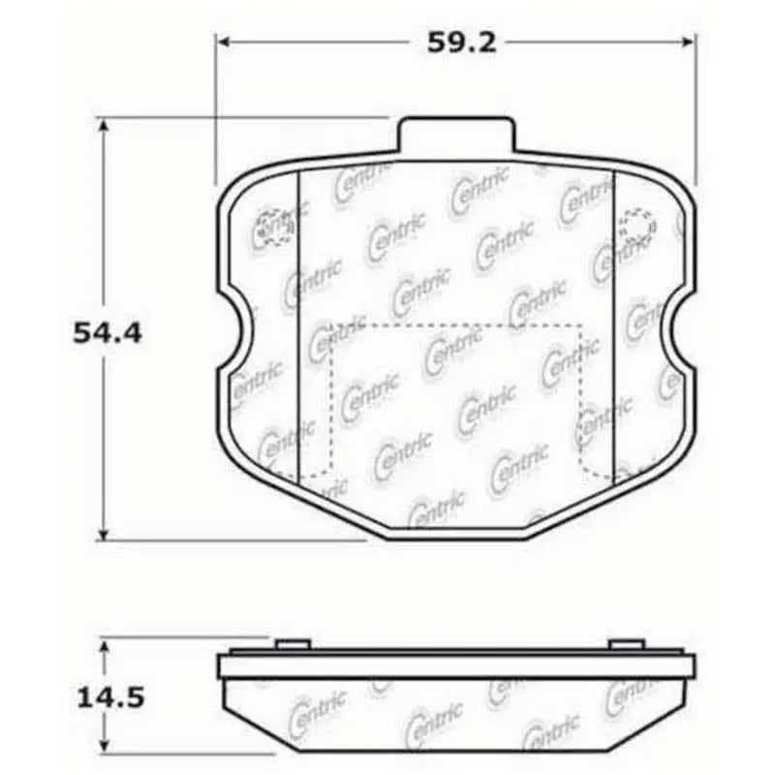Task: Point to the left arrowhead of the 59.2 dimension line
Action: coord(222,42)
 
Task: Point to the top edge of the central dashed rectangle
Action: coord(455,325)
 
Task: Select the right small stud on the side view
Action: coord(626,644)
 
